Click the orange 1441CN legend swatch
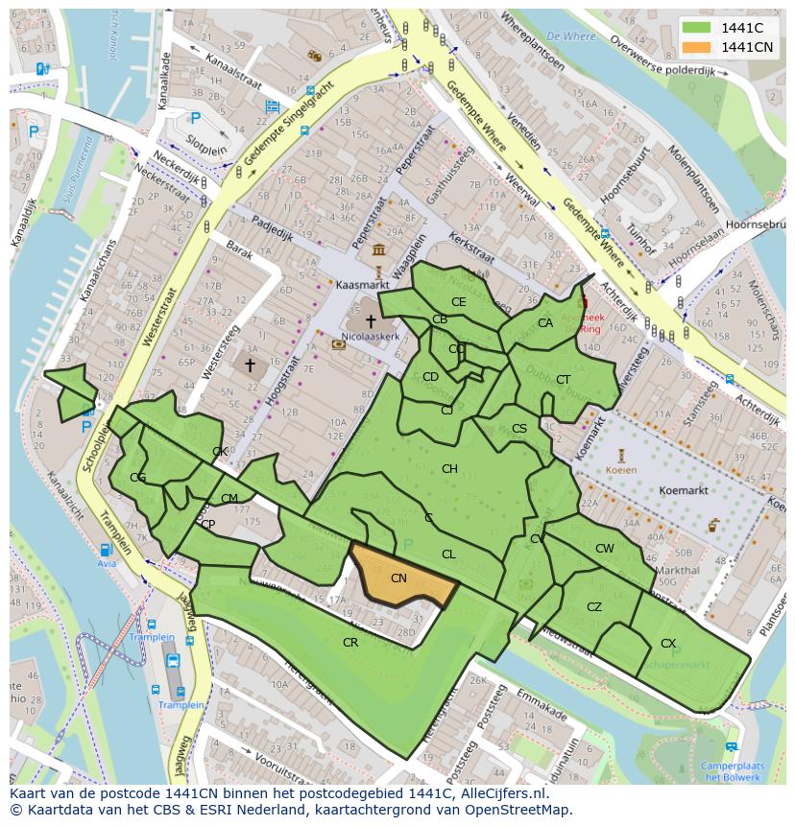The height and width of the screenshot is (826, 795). pyautogui.click(x=697, y=47)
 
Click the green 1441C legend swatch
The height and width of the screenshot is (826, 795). pyautogui.click(x=697, y=28)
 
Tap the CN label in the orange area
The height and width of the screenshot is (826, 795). pyautogui.click(x=399, y=578)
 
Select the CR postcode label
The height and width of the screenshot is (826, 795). pyautogui.click(x=350, y=642)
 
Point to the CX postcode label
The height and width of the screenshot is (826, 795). pyautogui.click(x=668, y=643)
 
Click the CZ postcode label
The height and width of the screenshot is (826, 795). pyautogui.click(x=594, y=606)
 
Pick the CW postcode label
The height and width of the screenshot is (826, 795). pyautogui.click(x=604, y=549)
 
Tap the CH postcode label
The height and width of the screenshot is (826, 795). pyautogui.click(x=449, y=468)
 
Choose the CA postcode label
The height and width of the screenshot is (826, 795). pyautogui.click(x=545, y=322)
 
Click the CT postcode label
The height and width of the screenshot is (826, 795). pyautogui.click(x=563, y=380)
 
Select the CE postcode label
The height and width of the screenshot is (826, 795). pyautogui.click(x=459, y=301)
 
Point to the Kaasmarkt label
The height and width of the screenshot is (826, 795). pyautogui.click(x=360, y=285)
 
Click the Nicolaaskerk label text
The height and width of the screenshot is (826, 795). pyautogui.click(x=369, y=338)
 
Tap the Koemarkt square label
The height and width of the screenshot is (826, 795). pyautogui.click(x=684, y=490)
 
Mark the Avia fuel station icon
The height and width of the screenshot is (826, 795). pyautogui.click(x=105, y=550)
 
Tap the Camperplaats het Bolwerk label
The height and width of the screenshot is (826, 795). pyautogui.click(x=732, y=770)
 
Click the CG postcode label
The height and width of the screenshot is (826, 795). pyautogui.click(x=138, y=478)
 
